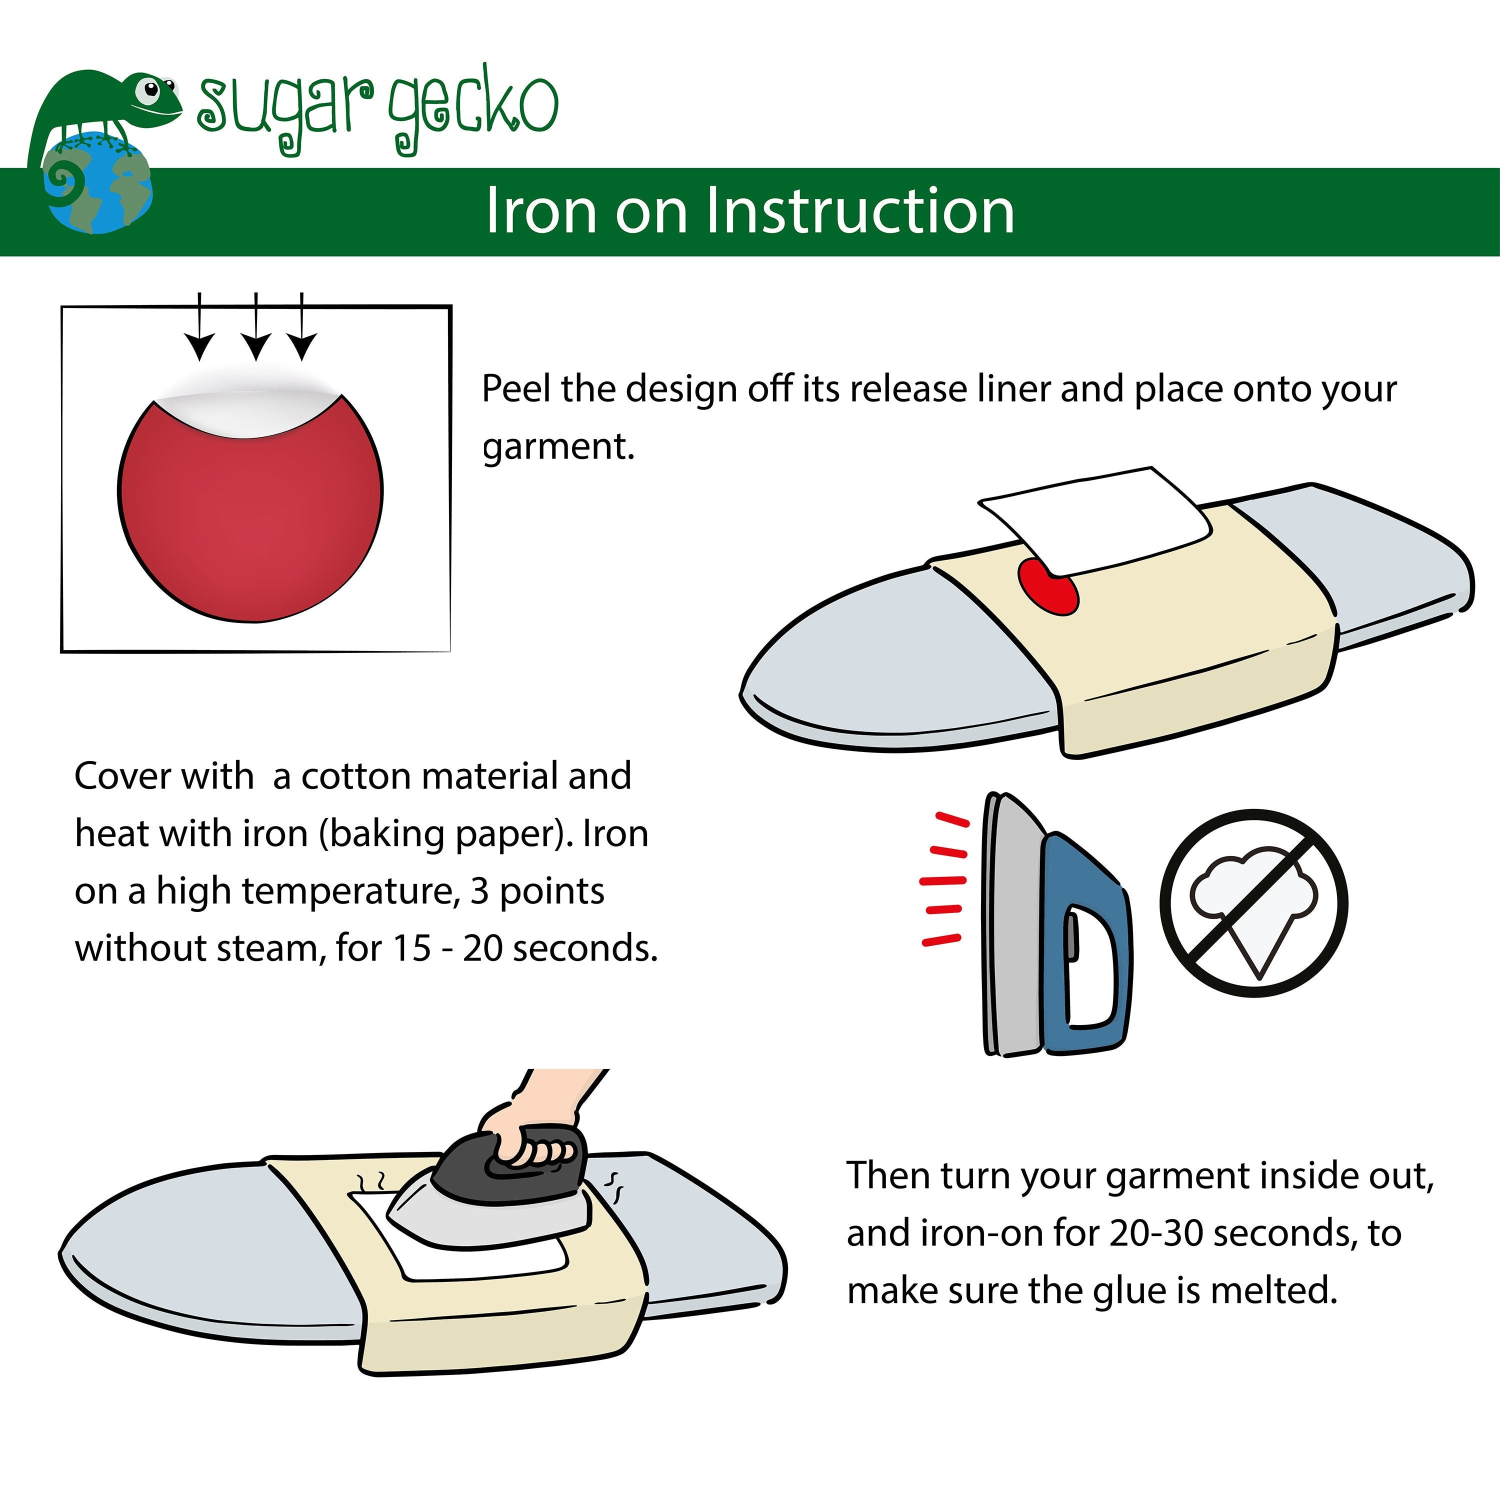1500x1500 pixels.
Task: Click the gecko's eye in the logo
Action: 146,91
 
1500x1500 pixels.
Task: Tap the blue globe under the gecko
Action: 98,182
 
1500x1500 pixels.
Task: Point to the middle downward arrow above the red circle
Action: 255,326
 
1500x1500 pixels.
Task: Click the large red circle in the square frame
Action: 250,508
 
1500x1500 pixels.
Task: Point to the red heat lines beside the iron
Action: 944,879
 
